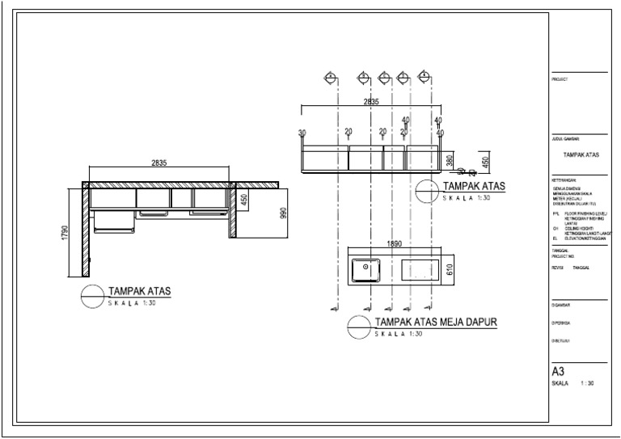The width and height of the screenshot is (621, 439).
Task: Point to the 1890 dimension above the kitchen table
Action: tap(394, 243)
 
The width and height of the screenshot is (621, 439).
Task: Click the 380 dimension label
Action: tap(450, 161)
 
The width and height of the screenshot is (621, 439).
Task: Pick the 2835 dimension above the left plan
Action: tap(158, 163)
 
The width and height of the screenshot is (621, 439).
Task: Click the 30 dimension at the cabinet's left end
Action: tap(302, 133)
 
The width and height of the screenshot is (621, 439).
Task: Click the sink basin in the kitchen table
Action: tap(367, 269)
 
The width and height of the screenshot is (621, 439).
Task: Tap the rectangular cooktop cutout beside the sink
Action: tap(420, 270)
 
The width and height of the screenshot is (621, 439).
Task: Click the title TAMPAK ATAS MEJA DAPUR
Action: tap(435, 322)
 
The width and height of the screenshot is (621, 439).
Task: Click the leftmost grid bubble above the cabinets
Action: tap(331, 78)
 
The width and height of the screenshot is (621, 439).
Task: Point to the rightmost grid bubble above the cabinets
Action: tap(424, 78)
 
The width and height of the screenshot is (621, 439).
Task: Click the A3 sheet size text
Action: tap(557, 371)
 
